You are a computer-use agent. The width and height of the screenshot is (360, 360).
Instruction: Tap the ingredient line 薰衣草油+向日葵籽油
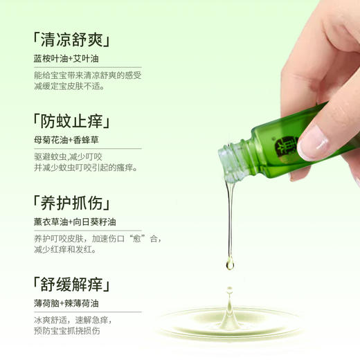(x=75, y=222)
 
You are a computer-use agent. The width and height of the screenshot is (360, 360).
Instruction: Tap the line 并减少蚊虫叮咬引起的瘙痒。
(x=86, y=168)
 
